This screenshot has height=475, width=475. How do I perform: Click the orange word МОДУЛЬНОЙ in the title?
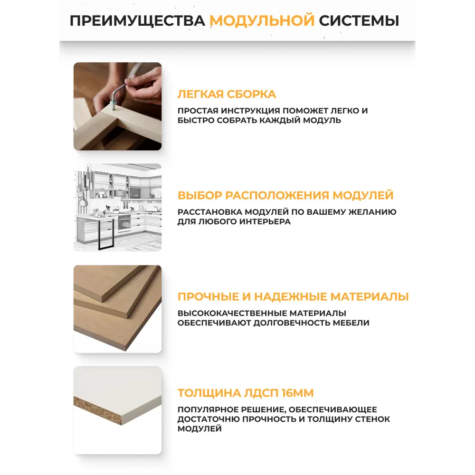[262, 21]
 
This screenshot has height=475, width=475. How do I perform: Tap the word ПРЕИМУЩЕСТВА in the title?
[137, 21]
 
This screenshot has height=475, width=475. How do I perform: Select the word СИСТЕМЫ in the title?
[359, 21]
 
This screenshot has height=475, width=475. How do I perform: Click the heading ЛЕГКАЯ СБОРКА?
[227, 94]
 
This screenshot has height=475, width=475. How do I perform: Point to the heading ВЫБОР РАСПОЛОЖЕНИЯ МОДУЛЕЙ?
[285, 196]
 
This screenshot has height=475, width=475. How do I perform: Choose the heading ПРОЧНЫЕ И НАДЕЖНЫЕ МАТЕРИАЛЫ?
[293, 297]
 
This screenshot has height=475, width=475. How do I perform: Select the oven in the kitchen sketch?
[124, 223]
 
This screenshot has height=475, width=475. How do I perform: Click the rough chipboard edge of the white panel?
[97, 409]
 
